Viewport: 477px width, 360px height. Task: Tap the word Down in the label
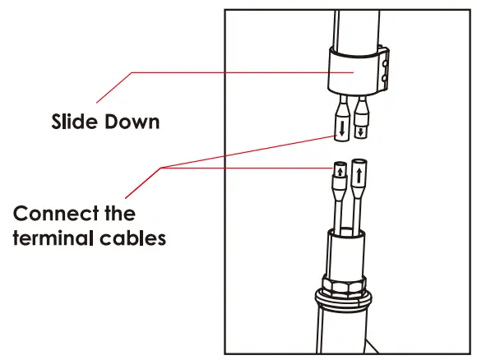point(131,122)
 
